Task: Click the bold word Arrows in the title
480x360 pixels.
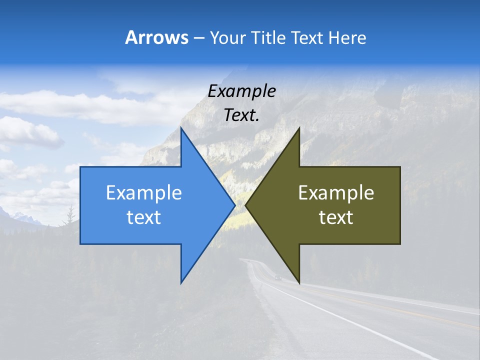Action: [156, 37]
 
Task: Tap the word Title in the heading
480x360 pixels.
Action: [271, 38]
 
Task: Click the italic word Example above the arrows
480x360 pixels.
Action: [242, 91]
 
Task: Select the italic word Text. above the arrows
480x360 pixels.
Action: [242, 115]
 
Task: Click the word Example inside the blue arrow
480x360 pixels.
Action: [144, 193]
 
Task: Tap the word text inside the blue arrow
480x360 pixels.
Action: [144, 217]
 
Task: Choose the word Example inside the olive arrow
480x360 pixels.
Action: [336, 193]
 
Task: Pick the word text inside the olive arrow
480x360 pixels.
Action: [336, 217]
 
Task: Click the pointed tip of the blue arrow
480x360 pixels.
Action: [234, 205]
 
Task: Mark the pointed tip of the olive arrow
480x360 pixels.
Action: [246, 205]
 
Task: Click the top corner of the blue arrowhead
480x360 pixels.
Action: [181, 128]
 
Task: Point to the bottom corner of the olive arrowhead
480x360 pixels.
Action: [299, 282]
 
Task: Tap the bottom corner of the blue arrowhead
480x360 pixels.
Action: [181, 282]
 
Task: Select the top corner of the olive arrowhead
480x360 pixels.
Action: [299, 128]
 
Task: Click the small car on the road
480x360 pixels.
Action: [277, 278]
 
